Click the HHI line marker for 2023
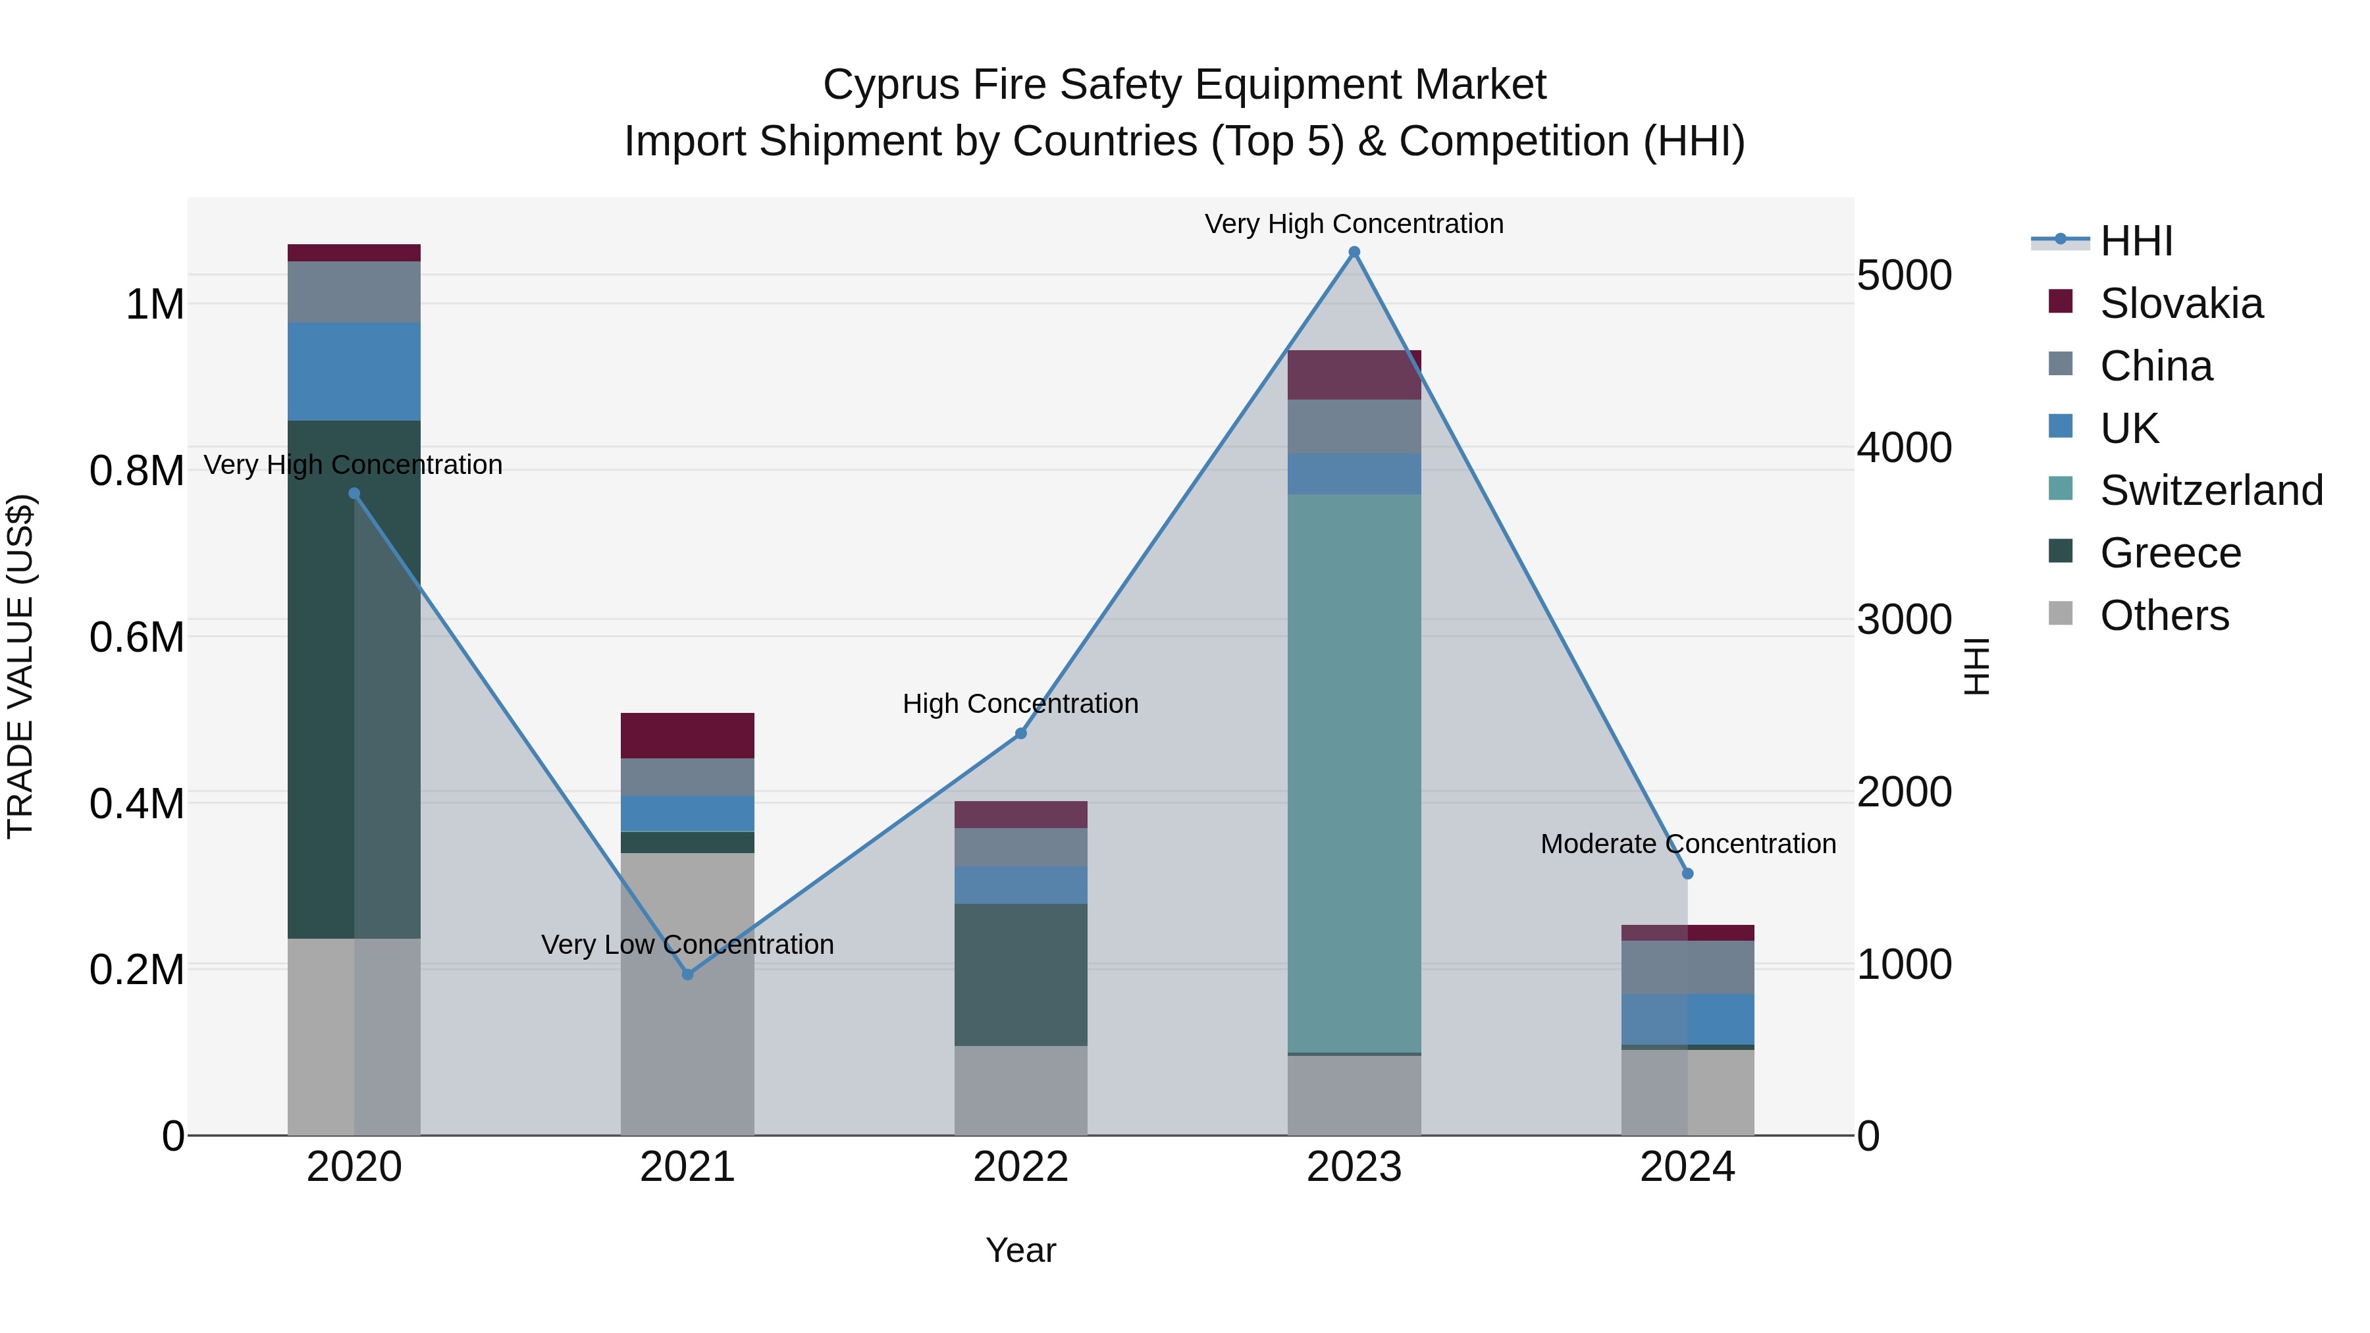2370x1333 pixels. pyautogui.click(x=1354, y=252)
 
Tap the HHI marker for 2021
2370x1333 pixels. pyautogui.click(x=687, y=974)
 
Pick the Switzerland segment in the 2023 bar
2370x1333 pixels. pyautogui.click(x=1354, y=773)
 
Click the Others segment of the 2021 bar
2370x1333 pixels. pyautogui.click(x=687, y=993)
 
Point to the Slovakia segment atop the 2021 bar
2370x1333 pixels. pyautogui.click(x=687, y=735)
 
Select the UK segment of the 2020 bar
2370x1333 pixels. pyautogui.click(x=354, y=372)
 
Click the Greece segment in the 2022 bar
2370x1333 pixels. pyautogui.click(x=1020, y=974)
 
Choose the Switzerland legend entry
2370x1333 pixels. pyautogui.click(x=2211, y=490)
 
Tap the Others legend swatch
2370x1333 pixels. pyautogui.click(x=2061, y=614)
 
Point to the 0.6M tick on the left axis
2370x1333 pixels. pyautogui.click(x=137, y=637)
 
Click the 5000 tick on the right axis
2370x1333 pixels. pyautogui.click(x=1903, y=275)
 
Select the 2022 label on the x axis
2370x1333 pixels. pyautogui.click(x=1020, y=1167)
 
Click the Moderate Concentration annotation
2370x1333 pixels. pyautogui.click(x=1687, y=844)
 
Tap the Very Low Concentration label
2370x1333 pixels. pyautogui.click(x=687, y=945)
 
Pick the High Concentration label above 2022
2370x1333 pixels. pyautogui.click(x=1020, y=704)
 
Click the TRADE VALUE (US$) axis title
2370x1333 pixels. pyautogui.click(x=20, y=666)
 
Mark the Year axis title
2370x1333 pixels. pyautogui.click(x=1020, y=1250)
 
